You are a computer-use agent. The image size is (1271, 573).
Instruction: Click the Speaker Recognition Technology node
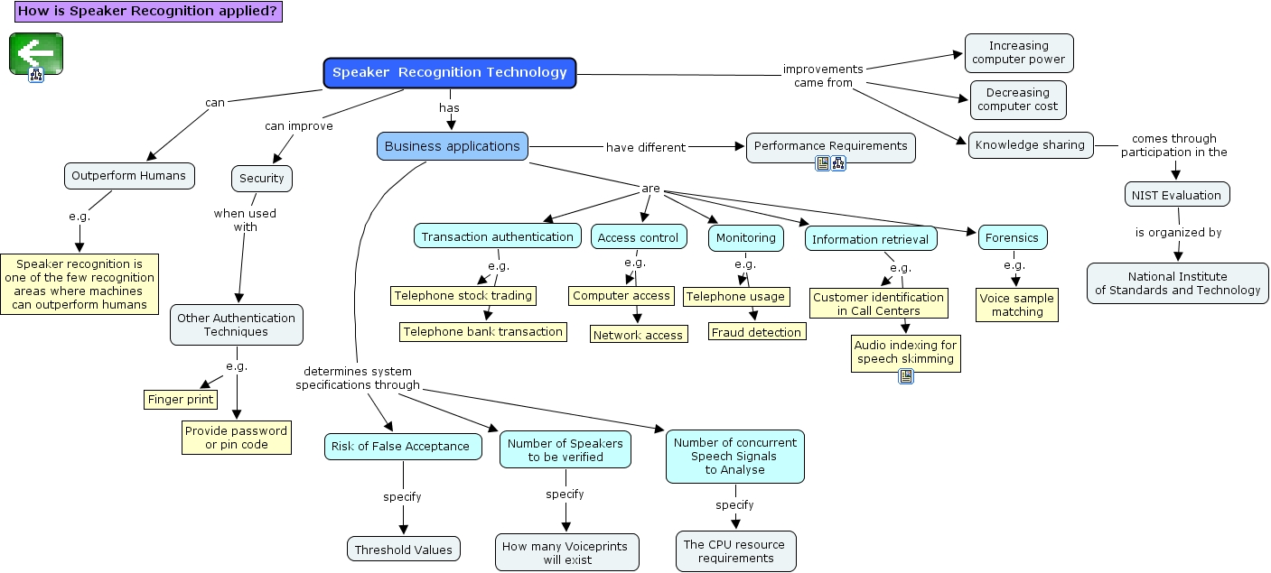[x=450, y=73]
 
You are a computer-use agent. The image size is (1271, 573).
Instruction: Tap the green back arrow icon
[x=36, y=53]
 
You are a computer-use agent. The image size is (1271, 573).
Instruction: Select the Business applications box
[x=452, y=146]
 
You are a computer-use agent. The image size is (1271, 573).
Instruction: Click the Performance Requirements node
[x=830, y=146]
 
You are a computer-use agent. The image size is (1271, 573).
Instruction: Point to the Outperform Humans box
[x=129, y=176]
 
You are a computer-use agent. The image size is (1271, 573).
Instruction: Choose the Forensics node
[x=1013, y=238]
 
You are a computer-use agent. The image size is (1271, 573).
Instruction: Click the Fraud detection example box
[x=756, y=332]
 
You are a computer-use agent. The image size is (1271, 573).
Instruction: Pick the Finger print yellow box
[x=181, y=399]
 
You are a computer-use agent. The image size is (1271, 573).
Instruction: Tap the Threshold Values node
[x=403, y=550]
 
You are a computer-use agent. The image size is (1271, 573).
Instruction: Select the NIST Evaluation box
[x=1176, y=195]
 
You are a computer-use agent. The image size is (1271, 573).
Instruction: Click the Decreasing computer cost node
[x=1017, y=99]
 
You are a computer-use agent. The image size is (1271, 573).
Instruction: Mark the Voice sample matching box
[x=1017, y=305]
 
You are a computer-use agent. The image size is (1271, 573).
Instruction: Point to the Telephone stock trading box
[x=463, y=295]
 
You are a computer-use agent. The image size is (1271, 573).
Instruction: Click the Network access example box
[x=638, y=335]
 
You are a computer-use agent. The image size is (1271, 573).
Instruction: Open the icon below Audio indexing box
[x=906, y=376]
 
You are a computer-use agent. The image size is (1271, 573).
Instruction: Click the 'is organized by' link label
[x=1178, y=233]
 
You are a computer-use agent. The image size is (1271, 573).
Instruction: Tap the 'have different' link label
[x=645, y=147]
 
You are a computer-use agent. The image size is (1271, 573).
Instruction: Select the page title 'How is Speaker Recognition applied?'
[x=148, y=11]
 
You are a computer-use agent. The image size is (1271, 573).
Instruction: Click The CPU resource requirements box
[x=735, y=551]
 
